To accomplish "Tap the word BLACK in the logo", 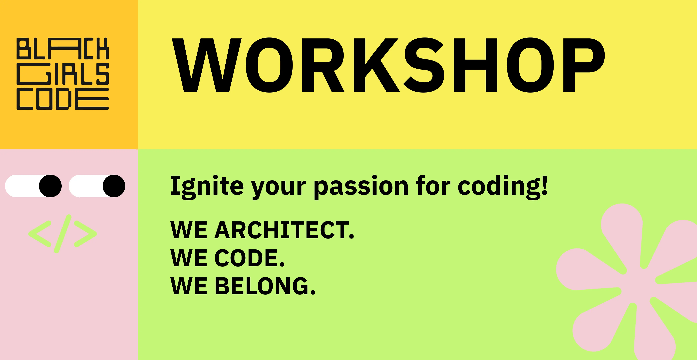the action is point(62,49).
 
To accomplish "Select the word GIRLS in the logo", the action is point(62,74).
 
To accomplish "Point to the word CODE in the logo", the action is point(62,99).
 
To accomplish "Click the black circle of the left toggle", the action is point(50,186).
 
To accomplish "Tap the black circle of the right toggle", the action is point(114,186).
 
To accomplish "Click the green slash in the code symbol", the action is point(62,234).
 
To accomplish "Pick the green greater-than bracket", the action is point(85,234).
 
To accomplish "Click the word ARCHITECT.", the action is point(284,230).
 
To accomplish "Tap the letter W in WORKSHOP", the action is point(206,65).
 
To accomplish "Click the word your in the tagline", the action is point(279,188).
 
